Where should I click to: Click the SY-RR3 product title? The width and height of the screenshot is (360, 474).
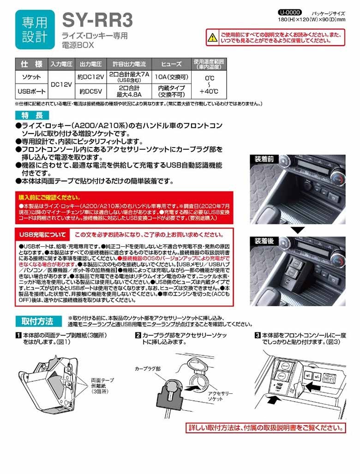(97, 21)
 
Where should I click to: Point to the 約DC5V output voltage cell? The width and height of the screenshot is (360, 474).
(91, 91)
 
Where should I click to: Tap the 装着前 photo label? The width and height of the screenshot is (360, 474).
(264, 160)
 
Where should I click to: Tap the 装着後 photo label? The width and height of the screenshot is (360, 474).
(264, 242)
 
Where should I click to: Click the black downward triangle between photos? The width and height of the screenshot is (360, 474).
(298, 229)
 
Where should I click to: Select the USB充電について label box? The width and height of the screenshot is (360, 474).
(42, 234)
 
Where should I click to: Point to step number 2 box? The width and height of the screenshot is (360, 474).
(138, 335)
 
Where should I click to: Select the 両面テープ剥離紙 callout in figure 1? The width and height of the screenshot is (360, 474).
(102, 383)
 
